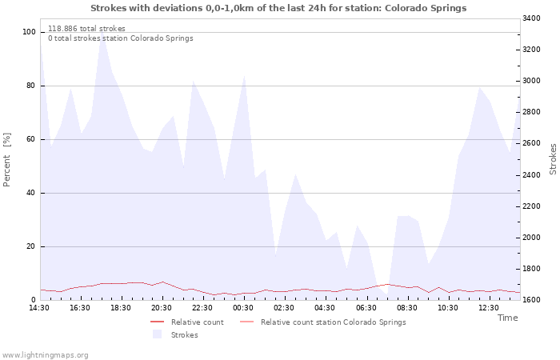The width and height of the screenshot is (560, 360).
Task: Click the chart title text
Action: [x=278, y=8]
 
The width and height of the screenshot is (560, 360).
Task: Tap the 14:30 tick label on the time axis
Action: [x=39, y=308]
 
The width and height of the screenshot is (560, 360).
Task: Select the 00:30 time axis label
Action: [x=243, y=308]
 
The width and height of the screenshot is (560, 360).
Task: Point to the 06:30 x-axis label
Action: [x=366, y=308]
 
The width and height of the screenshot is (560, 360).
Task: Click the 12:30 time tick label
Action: [x=489, y=308]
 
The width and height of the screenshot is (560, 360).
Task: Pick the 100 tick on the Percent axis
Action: [x=29, y=32]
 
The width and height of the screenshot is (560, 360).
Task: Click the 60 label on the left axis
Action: [x=30, y=139]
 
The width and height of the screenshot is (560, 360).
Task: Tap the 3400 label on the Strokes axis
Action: [x=531, y=18]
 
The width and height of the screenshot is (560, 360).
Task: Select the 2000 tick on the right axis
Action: [x=531, y=238]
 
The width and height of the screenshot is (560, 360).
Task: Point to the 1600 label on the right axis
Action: [x=531, y=300]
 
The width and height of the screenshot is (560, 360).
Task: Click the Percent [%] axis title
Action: [x=6, y=160]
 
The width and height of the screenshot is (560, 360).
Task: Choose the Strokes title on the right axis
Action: [x=553, y=159]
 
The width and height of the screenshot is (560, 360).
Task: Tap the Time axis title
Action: [x=507, y=318]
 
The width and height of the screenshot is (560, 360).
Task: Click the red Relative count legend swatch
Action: [x=157, y=322]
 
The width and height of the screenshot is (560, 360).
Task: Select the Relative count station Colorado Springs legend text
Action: [x=334, y=322]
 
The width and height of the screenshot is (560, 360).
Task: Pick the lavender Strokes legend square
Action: [x=157, y=334]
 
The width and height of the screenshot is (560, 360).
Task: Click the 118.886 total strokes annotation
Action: [x=86, y=29]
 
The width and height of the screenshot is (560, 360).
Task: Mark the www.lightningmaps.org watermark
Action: [x=45, y=355]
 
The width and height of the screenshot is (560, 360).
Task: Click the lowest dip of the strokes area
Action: [x=386, y=294]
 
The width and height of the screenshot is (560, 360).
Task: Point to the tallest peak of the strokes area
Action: [x=102, y=31]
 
